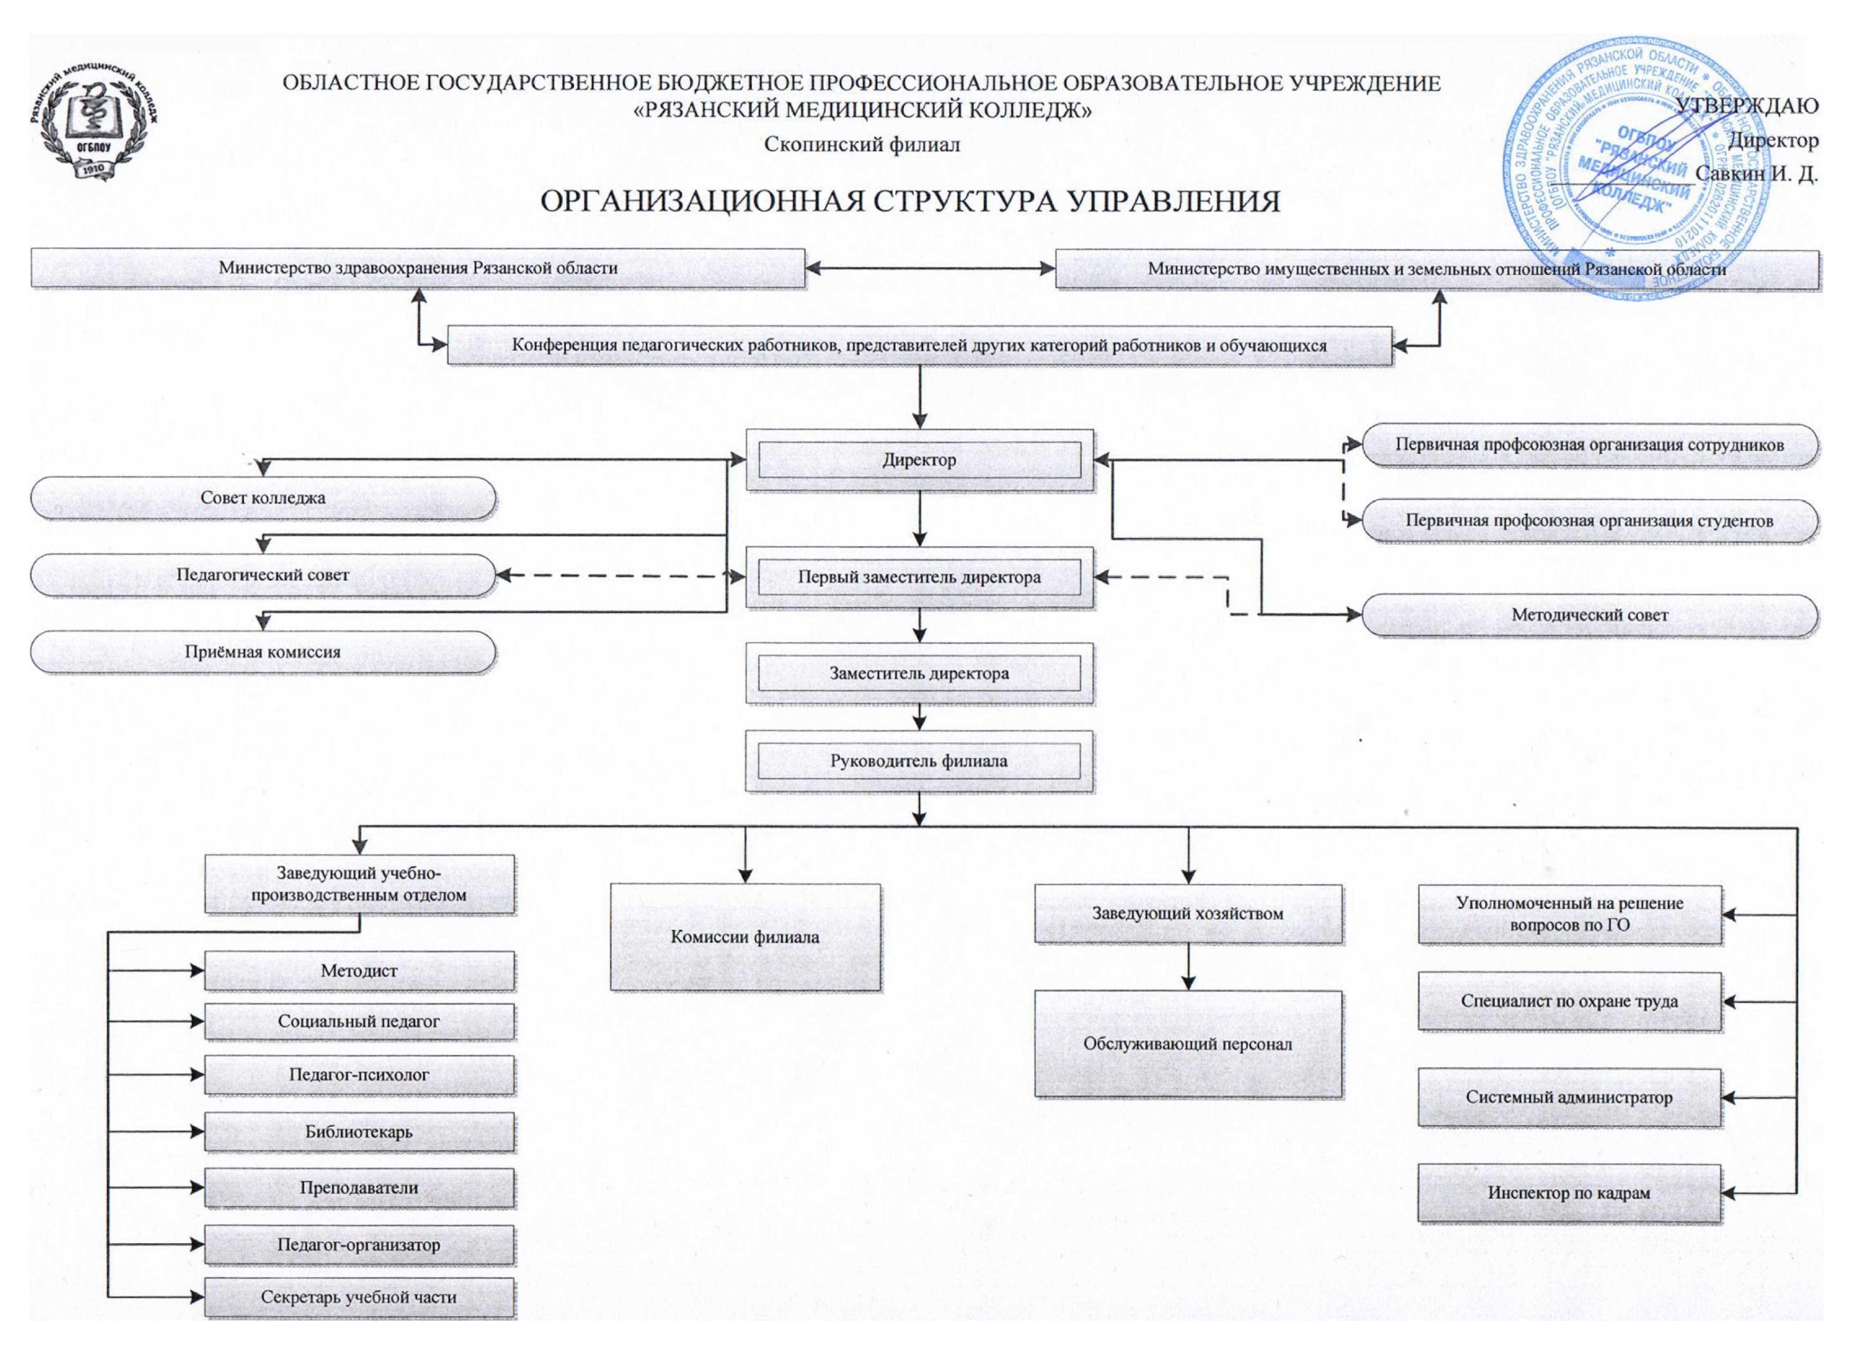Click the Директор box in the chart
[x=919, y=460]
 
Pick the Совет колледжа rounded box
[x=262, y=498]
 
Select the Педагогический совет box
[x=262, y=575]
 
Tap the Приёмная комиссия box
[x=262, y=652]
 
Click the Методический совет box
[x=1589, y=615]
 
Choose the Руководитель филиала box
[x=919, y=761]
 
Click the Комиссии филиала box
[x=745, y=937]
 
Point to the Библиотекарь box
[x=359, y=1132]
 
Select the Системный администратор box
[x=1568, y=1097]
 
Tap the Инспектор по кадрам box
[x=1568, y=1193]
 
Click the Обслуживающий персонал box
[x=1188, y=1044]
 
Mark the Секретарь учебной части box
[x=359, y=1297]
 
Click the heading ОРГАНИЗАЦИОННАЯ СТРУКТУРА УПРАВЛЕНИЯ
[x=910, y=202]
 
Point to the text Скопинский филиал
[x=861, y=144]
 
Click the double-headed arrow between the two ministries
[x=930, y=268]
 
